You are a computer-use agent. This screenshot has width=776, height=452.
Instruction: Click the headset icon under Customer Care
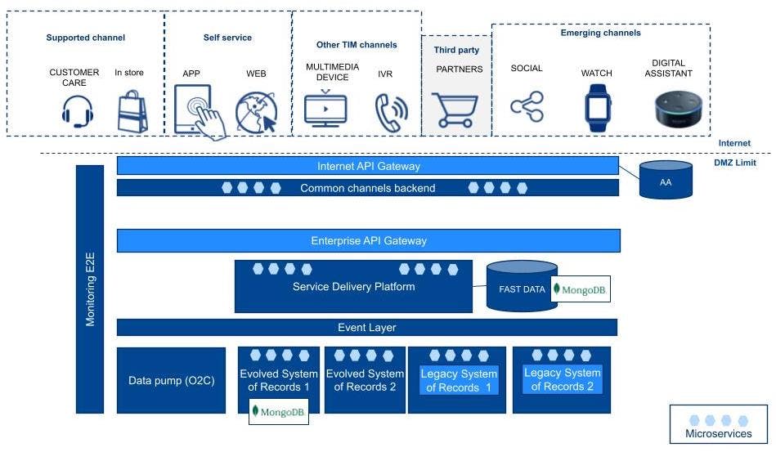click(77, 111)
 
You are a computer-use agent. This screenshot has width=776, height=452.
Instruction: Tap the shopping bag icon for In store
click(132, 112)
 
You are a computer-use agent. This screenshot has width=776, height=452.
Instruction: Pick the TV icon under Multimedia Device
click(325, 110)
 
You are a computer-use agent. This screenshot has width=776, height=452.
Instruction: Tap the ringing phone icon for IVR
click(390, 113)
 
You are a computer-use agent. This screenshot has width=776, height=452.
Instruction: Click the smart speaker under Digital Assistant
click(679, 112)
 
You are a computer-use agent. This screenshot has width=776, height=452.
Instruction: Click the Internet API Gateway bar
click(368, 166)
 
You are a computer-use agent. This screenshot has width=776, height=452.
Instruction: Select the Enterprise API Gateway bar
click(368, 241)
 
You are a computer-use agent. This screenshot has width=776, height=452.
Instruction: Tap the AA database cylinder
click(666, 180)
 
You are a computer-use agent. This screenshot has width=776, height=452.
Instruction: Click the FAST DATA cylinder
click(522, 288)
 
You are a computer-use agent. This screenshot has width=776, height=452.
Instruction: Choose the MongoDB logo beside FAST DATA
click(581, 289)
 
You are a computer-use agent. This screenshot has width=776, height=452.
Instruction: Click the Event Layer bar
click(366, 328)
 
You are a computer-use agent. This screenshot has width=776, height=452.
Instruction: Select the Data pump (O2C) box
click(171, 380)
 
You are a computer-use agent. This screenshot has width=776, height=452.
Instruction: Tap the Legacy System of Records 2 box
click(562, 380)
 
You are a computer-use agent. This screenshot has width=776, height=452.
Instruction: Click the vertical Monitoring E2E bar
click(91, 289)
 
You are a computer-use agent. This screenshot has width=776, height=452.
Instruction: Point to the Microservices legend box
click(718, 423)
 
